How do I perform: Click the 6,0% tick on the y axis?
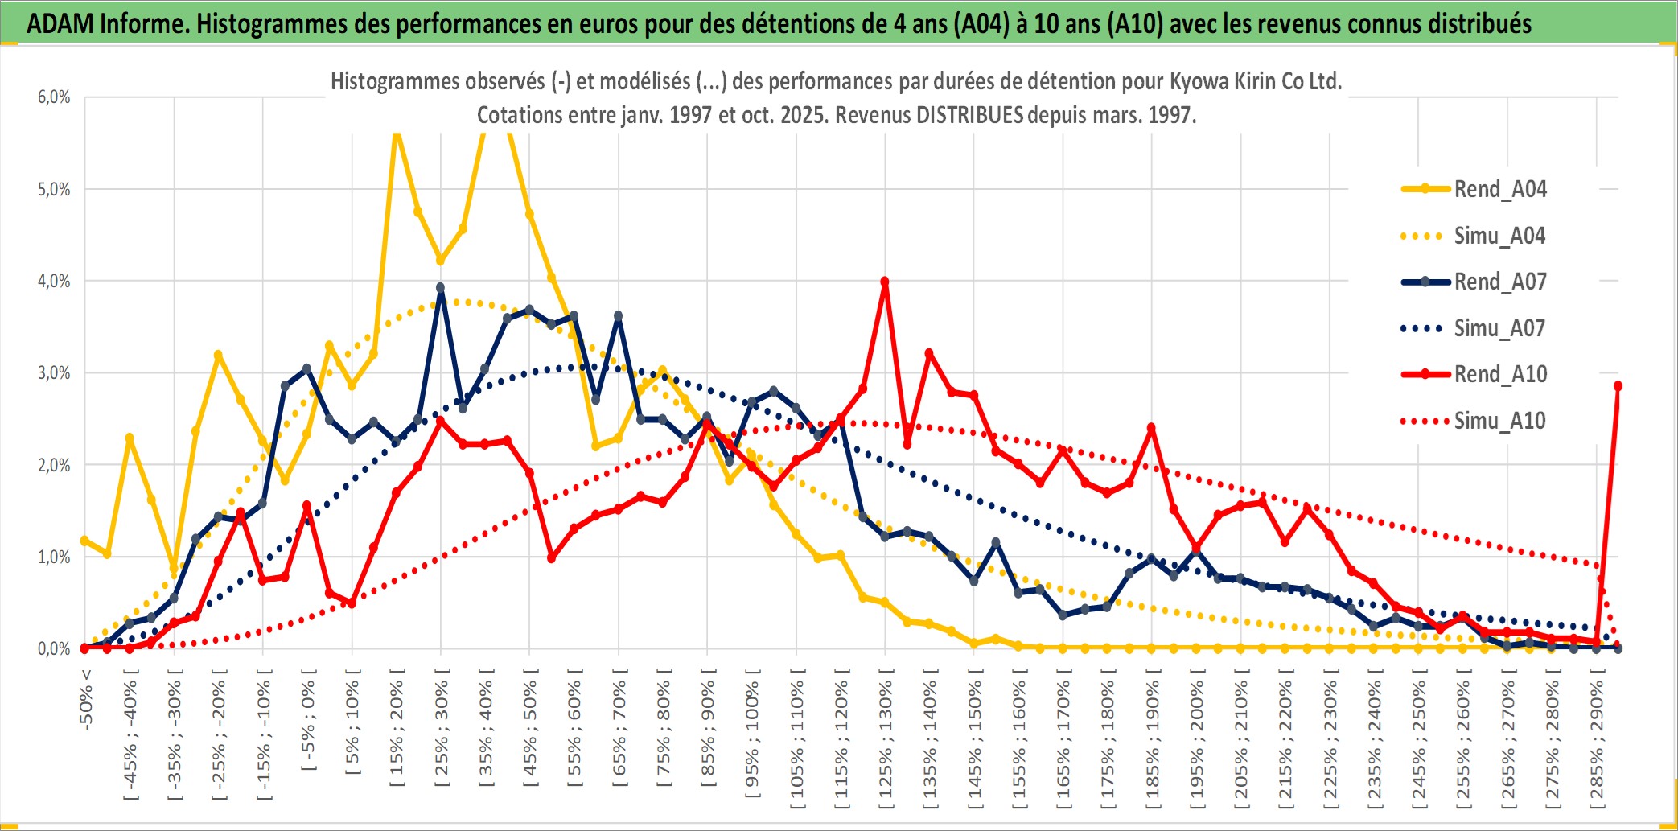pyautogui.click(x=54, y=97)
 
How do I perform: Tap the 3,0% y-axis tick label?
pyautogui.click(x=54, y=373)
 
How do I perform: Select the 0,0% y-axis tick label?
pyautogui.click(x=54, y=648)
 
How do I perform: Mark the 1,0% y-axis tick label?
pyautogui.click(x=54, y=557)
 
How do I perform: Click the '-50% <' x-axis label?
pyautogui.click(x=86, y=700)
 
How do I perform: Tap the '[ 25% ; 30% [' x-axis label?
pyautogui.click(x=442, y=728)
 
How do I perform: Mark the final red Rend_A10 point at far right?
pyautogui.click(x=1618, y=386)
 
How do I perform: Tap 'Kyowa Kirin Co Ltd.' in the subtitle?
pyautogui.click(x=1255, y=81)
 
